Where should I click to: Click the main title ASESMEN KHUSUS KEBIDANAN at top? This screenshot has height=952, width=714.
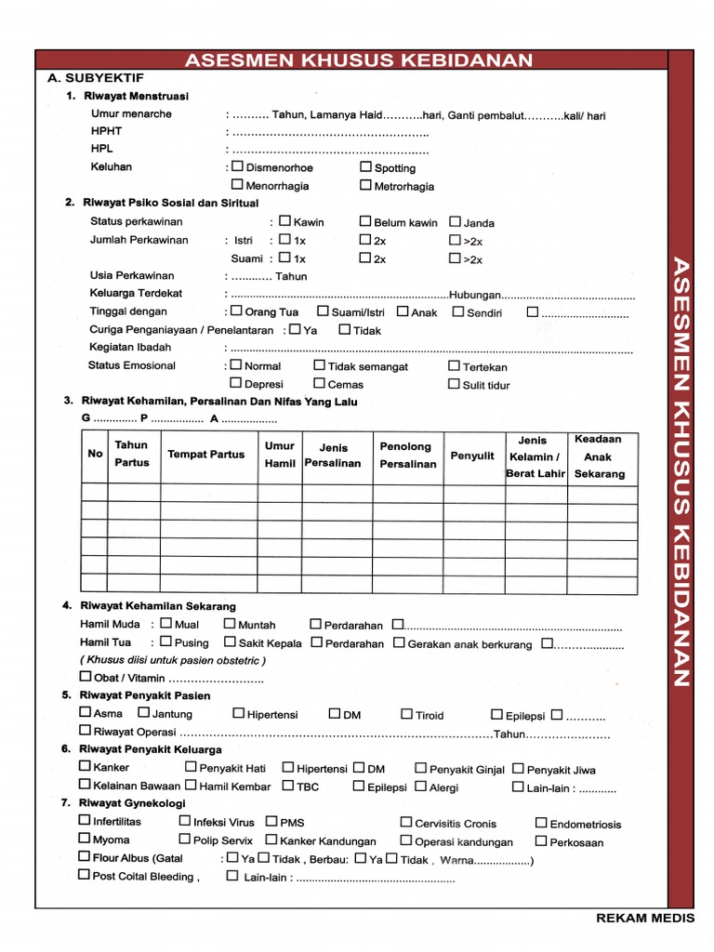[359, 60]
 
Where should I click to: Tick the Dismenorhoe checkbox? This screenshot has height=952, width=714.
[238, 167]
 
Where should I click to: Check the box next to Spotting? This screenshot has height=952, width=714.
[366, 167]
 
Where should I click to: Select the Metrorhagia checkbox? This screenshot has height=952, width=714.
[366, 185]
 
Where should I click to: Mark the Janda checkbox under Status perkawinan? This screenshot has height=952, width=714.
[456, 222]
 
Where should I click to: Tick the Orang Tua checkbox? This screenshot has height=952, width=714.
[236, 311]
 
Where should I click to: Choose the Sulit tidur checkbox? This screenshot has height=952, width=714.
[455, 383]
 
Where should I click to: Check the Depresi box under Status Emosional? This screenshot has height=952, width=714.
[236, 383]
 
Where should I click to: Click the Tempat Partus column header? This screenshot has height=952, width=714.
[205, 455]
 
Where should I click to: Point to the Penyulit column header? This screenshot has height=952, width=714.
[472, 456]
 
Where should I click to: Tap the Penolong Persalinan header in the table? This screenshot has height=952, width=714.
[406, 456]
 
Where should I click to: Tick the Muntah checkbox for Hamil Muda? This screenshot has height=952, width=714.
[230, 624]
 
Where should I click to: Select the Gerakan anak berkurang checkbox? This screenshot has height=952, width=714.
[399, 642]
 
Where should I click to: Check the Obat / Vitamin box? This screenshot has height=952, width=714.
[86, 677]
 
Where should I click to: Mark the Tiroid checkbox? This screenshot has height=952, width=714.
[407, 714]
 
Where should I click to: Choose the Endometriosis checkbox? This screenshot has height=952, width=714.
[541, 823]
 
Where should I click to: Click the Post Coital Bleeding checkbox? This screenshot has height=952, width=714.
[85, 875]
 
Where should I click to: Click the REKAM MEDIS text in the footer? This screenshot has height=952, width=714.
[644, 919]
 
